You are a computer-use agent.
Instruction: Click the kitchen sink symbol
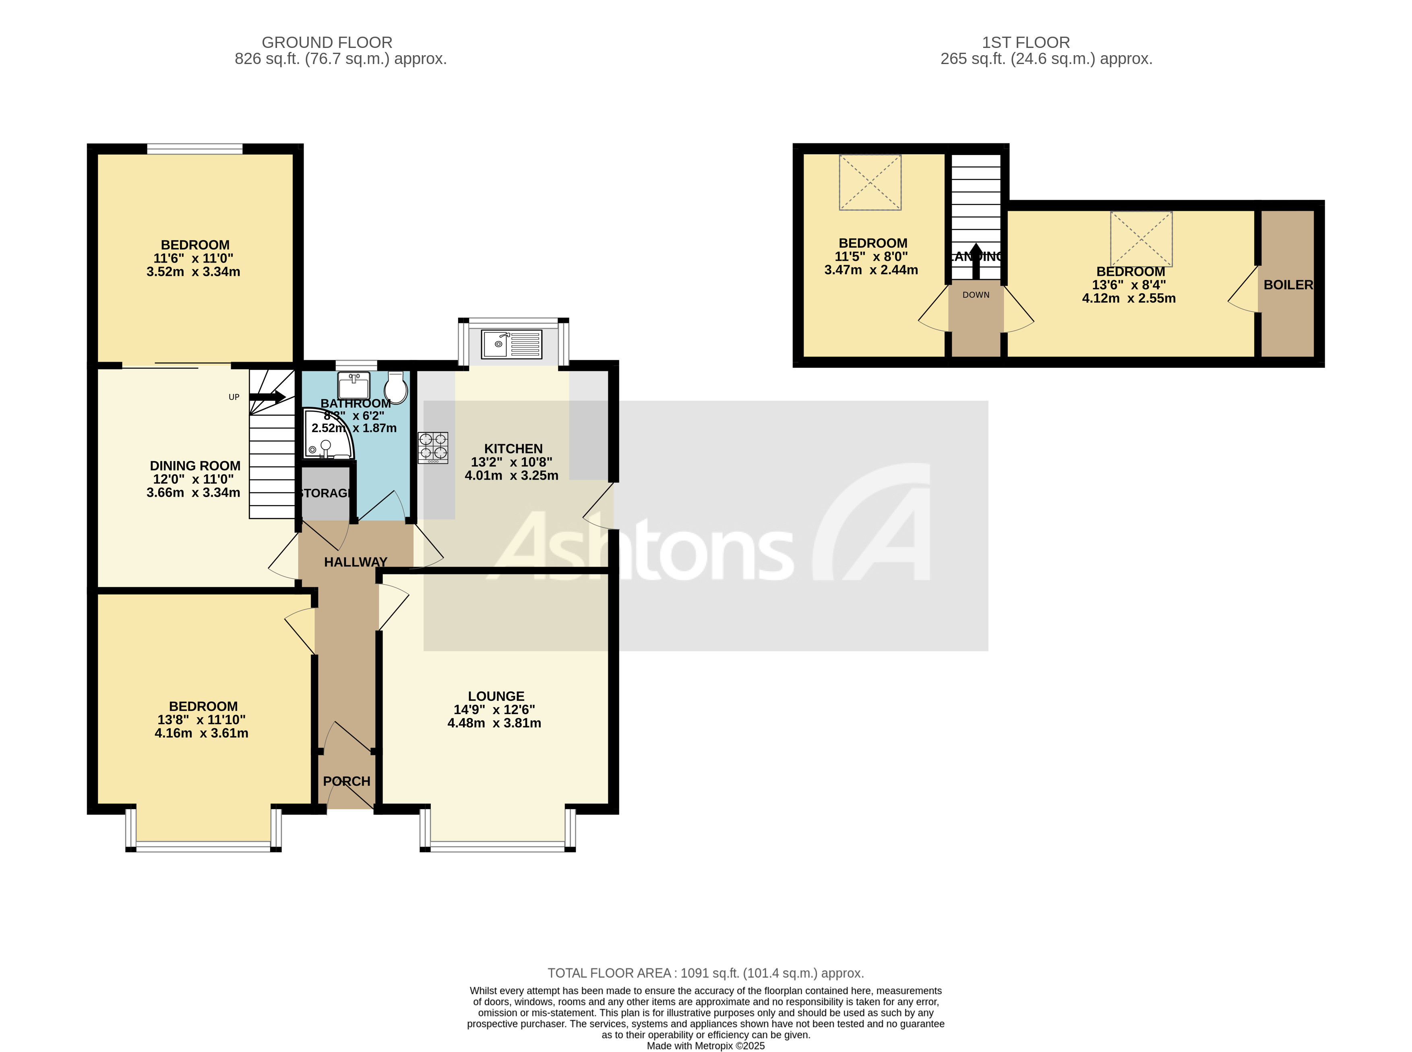click(x=511, y=344)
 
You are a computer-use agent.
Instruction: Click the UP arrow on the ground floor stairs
click(x=267, y=397)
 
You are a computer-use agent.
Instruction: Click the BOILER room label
click(x=1287, y=285)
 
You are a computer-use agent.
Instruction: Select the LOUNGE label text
click(x=496, y=696)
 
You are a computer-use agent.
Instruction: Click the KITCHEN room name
click(x=513, y=448)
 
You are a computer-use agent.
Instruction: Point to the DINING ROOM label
click(x=195, y=466)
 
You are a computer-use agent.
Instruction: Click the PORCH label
click(x=346, y=781)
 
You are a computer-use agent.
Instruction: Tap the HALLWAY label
click(x=355, y=562)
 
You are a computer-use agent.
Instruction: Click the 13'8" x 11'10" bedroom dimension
click(x=201, y=720)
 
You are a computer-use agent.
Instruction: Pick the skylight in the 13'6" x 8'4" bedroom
click(x=1141, y=239)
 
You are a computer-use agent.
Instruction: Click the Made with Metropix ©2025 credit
click(x=705, y=1046)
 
